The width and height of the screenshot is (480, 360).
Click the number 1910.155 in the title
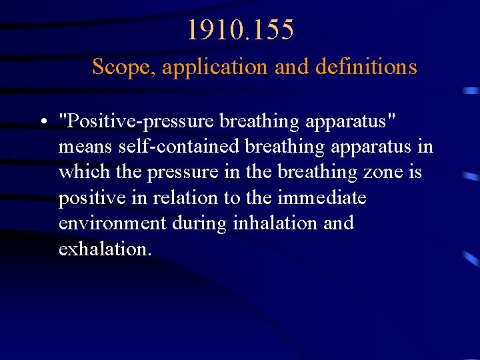(x=240, y=30)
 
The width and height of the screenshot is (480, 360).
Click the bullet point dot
(x=42, y=123)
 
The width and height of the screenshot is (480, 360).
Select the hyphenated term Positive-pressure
(x=136, y=122)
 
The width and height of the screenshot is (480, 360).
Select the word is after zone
(x=415, y=172)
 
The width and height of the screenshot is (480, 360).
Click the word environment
(x=113, y=223)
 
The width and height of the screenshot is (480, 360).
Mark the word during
(x=200, y=223)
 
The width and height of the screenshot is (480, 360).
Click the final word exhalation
(x=105, y=249)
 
